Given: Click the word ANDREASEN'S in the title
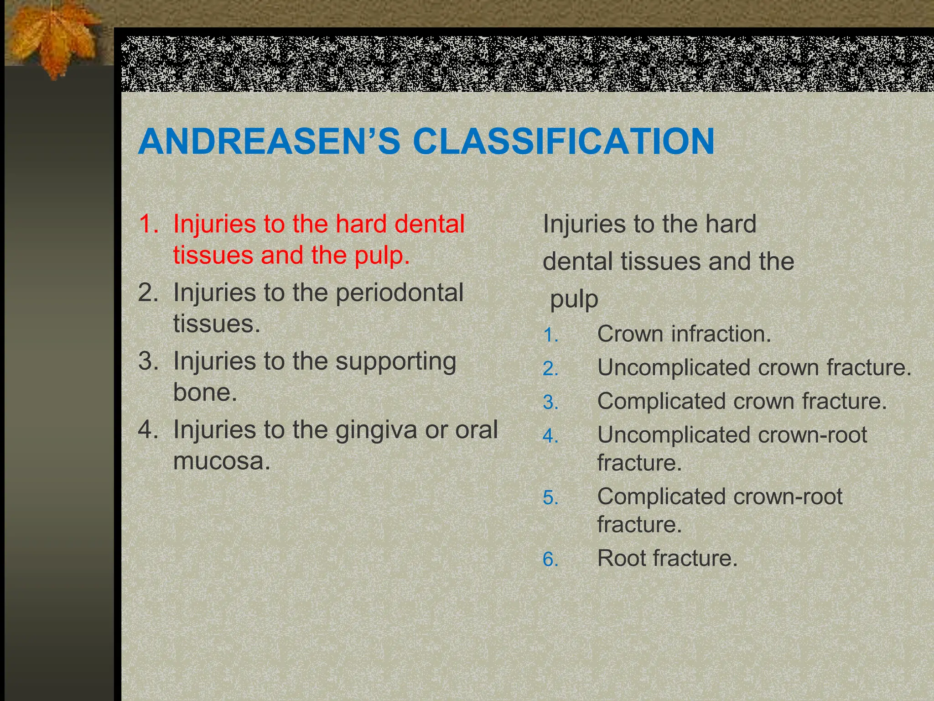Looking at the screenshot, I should (269, 141).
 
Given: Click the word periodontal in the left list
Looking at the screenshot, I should (400, 293).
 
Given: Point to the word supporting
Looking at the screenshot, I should (396, 362).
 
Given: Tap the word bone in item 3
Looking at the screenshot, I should (204, 392).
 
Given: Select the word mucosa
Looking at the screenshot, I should (221, 461).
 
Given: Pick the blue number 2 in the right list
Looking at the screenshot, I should (550, 369).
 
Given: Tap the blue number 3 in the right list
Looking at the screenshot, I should (550, 403).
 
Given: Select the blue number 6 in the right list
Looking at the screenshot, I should (550, 560).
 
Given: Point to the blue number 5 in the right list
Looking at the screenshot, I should (550, 497).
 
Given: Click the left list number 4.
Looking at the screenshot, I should (147, 430).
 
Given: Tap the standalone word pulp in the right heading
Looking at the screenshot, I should (574, 299).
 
